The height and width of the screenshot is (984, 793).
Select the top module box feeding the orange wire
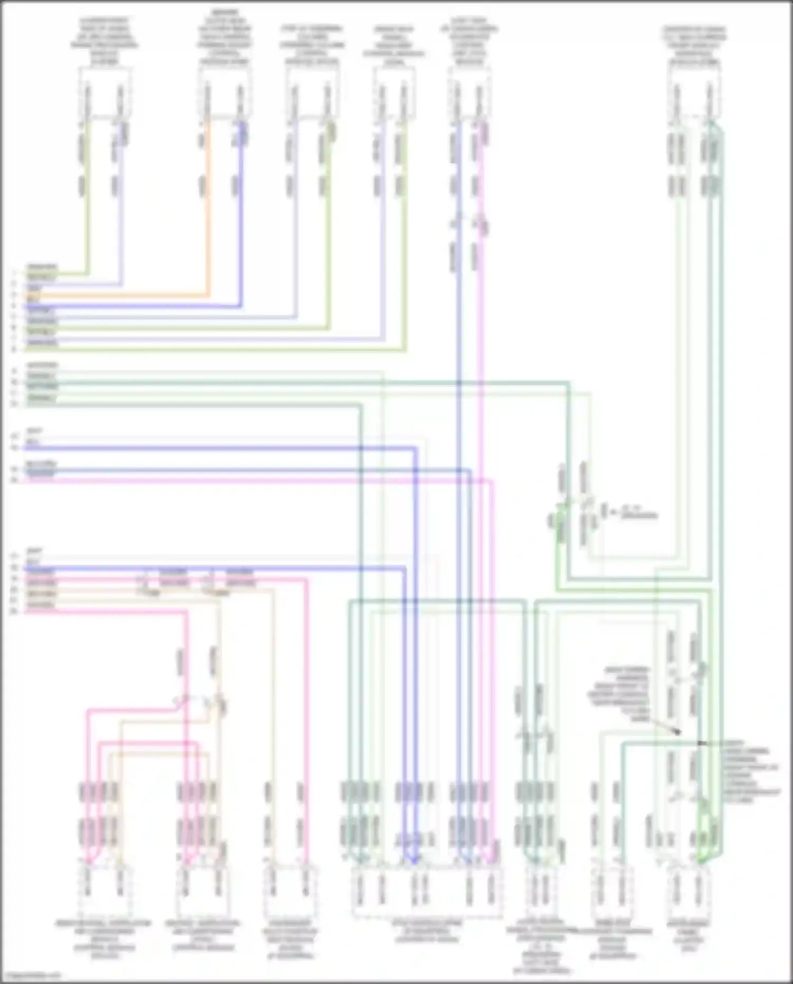tap(224, 94)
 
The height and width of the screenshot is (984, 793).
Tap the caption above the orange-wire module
tap(225, 37)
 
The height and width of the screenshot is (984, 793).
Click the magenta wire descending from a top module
tap(480, 317)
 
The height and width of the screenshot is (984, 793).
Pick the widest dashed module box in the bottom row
tap(428, 893)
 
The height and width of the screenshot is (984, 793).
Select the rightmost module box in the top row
tap(693, 94)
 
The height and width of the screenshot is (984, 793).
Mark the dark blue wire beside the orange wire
tap(241, 211)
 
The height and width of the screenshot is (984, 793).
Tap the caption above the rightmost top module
tap(694, 45)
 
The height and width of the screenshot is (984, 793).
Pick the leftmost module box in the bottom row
tap(104, 893)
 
